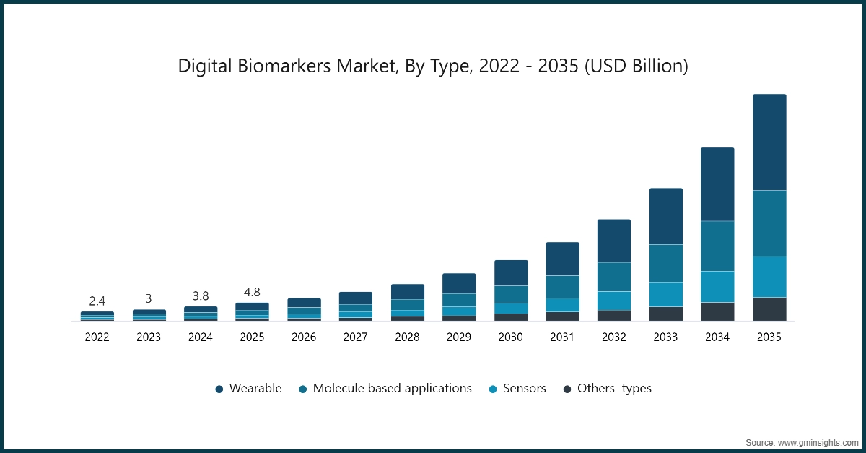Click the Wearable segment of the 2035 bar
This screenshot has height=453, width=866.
pyautogui.click(x=769, y=142)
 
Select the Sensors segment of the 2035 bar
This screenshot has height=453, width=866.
pyautogui.click(x=769, y=277)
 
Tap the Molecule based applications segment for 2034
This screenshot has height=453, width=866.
pyautogui.click(x=717, y=246)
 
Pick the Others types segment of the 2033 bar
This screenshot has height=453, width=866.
pyautogui.click(x=666, y=314)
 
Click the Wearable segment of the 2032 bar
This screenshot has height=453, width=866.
pyautogui.click(x=614, y=241)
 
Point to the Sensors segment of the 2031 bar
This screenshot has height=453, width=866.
pyautogui.click(x=562, y=304)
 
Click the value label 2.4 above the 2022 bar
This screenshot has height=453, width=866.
pyautogui.click(x=97, y=301)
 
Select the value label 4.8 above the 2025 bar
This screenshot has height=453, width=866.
pyautogui.click(x=252, y=293)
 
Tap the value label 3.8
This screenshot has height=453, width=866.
pyautogui.click(x=201, y=295)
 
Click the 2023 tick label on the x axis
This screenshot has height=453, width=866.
pyautogui.click(x=149, y=337)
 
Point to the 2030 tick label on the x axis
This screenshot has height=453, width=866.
pyautogui.click(x=511, y=337)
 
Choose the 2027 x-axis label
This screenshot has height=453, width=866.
pyautogui.click(x=356, y=337)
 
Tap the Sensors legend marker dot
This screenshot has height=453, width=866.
pyautogui.click(x=493, y=389)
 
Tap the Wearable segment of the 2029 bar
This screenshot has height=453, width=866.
pyautogui.click(x=459, y=283)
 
